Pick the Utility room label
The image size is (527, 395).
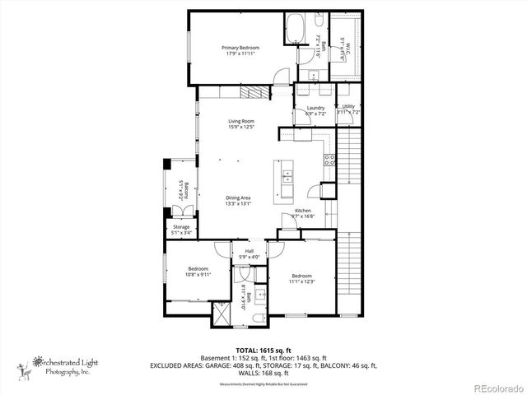(348, 107)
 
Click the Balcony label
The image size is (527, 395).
(186, 194)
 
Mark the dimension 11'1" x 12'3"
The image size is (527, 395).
(301, 282)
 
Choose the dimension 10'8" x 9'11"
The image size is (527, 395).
(198, 275)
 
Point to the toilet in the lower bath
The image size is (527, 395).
(259, 317)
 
